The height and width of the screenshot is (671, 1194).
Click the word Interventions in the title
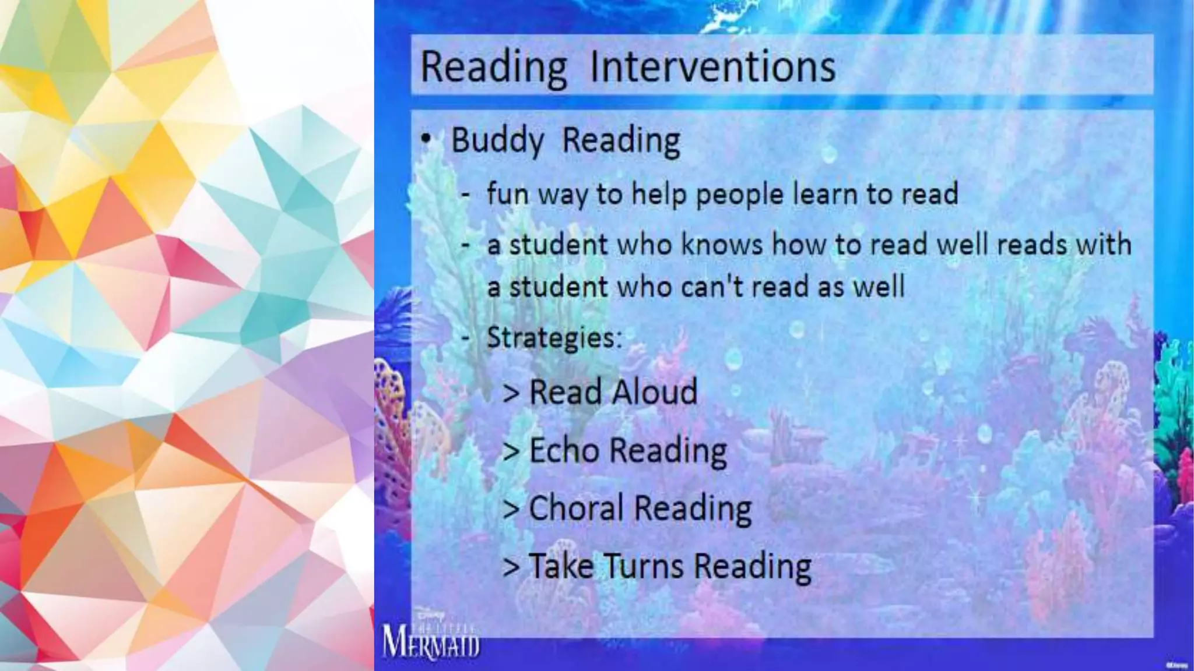pyautogui.click(x=712, y=66)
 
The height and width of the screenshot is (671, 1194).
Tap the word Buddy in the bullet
pyautogui.click(x=497, y=141)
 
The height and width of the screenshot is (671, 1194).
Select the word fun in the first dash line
pyautogui.click(x=507, y=194)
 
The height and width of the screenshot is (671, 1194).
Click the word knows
pyautogui.click(x=722, y=244)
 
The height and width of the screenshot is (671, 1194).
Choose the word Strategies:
pyautogui.click(x=554, y=337)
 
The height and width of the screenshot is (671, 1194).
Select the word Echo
pyautogui.click(x=564, y=450)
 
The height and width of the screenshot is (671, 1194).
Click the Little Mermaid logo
pyautogui.click(x=431, y=638)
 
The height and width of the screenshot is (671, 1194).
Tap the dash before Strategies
pyautogui.click(x=466, y=337)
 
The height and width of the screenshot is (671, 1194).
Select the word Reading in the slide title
pyautogui.click(x=493, y=68)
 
